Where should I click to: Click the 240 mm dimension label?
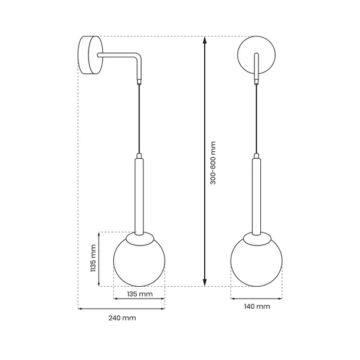click(x=122, y=318)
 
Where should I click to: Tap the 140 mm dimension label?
click(x=257, y=306)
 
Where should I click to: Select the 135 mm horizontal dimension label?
click(x=140, y=294)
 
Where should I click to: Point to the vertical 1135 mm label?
click(x=93, y=258)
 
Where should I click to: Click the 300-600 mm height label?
click(x=213, y=163)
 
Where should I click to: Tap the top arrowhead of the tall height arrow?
click(x=205, y=40)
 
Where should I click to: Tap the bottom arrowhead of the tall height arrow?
click(x=205, y=283)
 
